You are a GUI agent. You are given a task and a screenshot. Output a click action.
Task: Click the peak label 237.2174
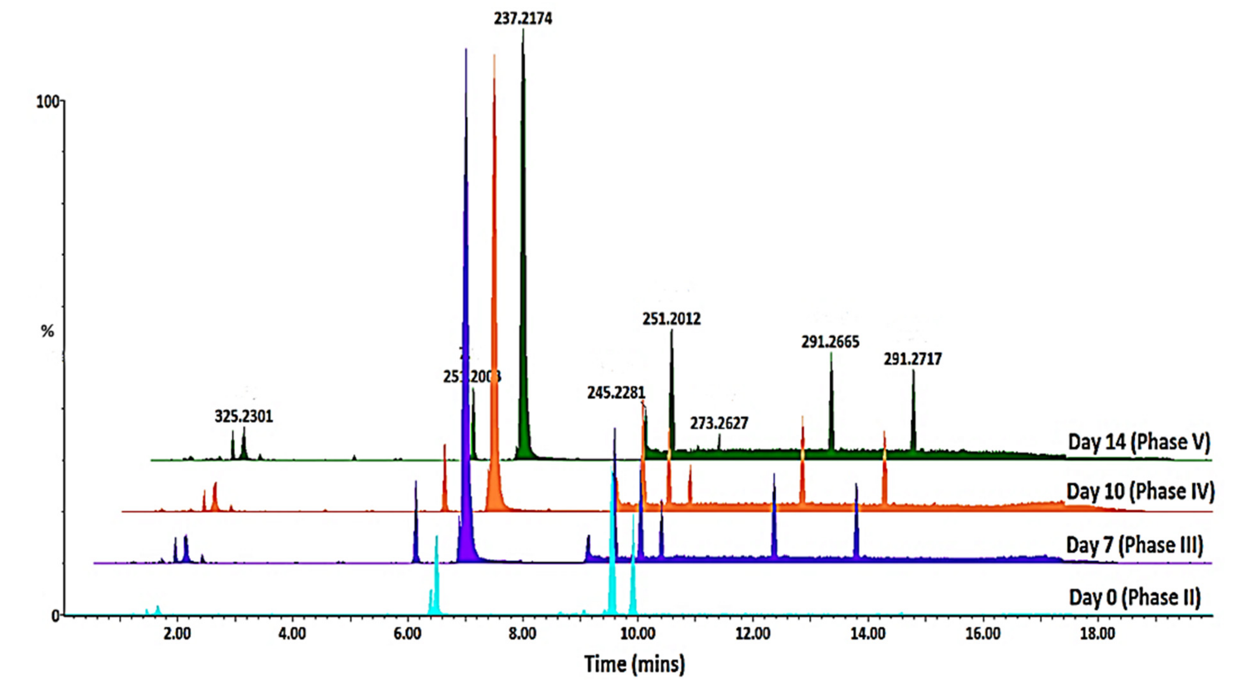click(523, 19)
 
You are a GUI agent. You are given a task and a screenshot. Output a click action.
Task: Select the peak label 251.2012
click(671, 319)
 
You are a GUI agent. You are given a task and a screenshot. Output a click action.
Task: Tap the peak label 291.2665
click(830, 342)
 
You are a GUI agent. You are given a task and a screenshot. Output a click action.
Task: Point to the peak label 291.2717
click(912, 359)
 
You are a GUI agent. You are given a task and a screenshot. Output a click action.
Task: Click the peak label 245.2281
click(616, 393)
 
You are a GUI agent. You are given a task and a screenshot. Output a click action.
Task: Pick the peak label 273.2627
click(719, 423)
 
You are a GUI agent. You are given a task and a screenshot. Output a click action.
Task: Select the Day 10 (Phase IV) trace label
click(1140, 492)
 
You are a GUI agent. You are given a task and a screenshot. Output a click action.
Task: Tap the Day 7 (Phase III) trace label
click(1134, 545)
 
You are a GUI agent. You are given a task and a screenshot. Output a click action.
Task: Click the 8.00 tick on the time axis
click(522, 634)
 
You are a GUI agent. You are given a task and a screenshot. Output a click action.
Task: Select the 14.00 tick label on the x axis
click(868, 634)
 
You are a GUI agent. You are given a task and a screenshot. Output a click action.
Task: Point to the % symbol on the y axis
click(47, 331)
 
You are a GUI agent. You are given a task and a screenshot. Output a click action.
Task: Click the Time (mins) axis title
click(634, 664)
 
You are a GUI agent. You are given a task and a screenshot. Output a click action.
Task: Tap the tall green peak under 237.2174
click(523, 239)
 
